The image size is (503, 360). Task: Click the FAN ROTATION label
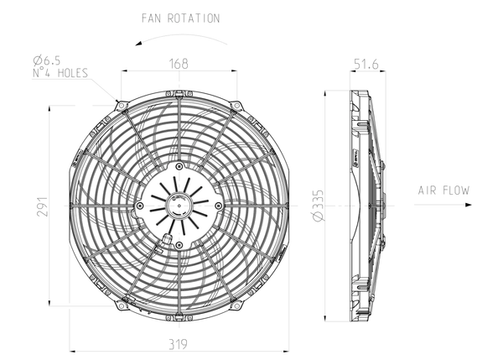point(179,18)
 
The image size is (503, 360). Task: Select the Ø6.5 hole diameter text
point(48,60)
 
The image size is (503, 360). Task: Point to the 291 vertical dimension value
point(43,206)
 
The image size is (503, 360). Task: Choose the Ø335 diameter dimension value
point(318,205)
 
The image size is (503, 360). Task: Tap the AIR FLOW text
point(443,191)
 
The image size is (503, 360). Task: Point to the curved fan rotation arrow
point(179,39)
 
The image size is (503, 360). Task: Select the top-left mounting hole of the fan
point(121,105)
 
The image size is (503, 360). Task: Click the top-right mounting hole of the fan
point(237,105)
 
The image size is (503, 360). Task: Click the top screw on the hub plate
point(179,165)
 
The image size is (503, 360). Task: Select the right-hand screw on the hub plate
point(218,205)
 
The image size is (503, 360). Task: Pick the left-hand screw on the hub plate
point(139,205)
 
